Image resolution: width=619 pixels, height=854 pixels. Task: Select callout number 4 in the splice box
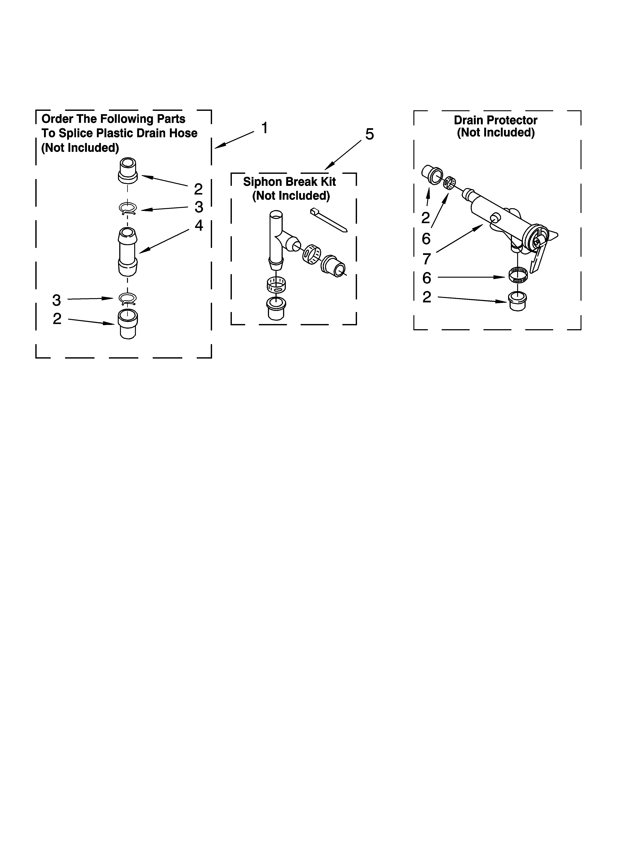[x=199, y=226]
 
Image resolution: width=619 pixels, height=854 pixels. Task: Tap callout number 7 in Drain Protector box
[x=426, y=259]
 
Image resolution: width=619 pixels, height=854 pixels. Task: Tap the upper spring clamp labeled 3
[x=128, y=208]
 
